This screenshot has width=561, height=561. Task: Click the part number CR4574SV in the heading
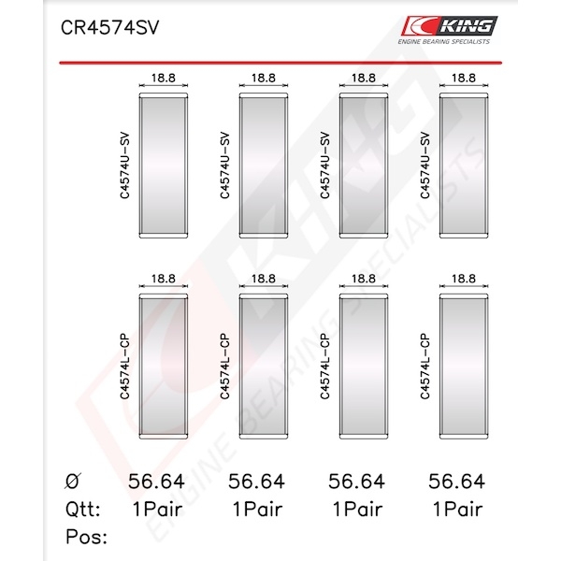click(x=109, y=27)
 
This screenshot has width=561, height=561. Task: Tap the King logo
click(x=450, y=26)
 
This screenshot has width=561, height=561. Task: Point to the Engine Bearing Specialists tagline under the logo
click(x=443, y=41)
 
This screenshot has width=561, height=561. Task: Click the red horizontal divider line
click(x=280, y=63)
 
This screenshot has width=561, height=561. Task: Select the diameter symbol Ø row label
click(x=73, y=481)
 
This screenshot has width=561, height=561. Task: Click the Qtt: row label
click(x=83, y=510)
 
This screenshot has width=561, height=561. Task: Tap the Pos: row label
click(x=86, y=537)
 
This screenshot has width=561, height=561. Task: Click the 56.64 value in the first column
click(x=156, y=482)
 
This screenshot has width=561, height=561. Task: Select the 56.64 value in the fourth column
click(x=456, y=482)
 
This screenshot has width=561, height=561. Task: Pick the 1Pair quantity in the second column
click(x=258, y=510)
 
